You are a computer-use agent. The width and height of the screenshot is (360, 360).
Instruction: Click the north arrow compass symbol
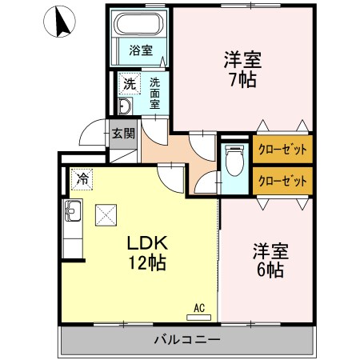61,22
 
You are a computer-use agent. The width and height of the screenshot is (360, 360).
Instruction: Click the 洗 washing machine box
128,82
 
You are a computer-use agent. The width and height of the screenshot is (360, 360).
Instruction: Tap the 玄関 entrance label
123,134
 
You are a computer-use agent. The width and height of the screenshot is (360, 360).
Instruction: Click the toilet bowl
235,165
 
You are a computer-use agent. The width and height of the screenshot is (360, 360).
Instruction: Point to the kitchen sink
73,214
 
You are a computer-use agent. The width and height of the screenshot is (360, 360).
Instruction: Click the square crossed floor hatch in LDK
106,214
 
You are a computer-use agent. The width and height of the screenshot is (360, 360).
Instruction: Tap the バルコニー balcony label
186,341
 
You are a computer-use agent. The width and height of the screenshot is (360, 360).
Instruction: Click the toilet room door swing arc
206,183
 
